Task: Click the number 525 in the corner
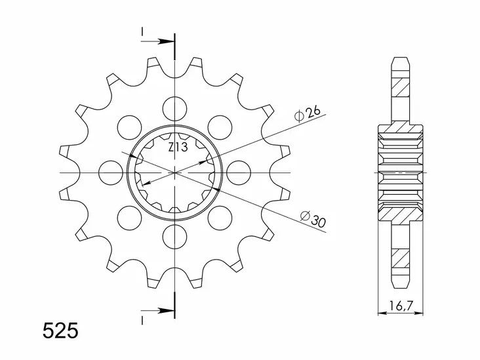(60, 330)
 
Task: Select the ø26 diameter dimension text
(308, 114)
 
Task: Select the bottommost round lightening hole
(175, 235)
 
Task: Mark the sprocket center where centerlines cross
(175, 172)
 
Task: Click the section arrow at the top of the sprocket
(161, 43)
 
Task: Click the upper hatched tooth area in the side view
(401, 85)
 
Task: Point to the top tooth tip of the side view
(401, 59)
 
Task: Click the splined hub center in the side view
(401, 172)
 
